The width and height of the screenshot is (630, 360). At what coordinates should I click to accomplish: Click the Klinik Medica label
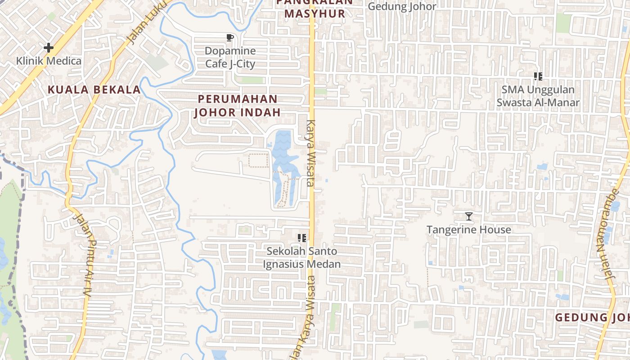pos(49,61)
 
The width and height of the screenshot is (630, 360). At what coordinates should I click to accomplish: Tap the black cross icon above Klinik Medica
pos(49,47)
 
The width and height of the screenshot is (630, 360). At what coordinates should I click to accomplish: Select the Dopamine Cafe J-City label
pos(230,57)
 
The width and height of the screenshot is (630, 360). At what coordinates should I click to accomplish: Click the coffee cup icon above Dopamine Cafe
pos(230,38)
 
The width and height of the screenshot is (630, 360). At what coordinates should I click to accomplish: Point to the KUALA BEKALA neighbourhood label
pos(94,90)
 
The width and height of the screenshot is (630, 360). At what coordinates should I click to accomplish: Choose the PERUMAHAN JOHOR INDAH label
pos(238,105)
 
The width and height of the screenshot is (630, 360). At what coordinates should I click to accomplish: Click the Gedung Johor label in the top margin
pos(402,6)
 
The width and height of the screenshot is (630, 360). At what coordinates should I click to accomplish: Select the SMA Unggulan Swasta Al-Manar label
pos(538,96)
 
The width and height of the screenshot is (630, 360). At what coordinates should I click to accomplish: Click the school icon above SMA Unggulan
pos(538,76)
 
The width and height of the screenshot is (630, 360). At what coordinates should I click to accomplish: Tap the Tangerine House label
pos(468,229)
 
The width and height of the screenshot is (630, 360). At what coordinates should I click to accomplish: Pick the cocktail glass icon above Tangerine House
pos(468,216)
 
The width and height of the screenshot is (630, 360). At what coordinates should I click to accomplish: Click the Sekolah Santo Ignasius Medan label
pos(301,257)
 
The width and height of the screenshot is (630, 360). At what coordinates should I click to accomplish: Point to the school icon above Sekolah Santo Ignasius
pos(302,238)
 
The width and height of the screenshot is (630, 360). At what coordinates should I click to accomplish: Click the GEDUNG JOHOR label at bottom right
pos(592,317)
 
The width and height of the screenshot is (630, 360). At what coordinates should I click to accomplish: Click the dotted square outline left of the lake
pos(258,160)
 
